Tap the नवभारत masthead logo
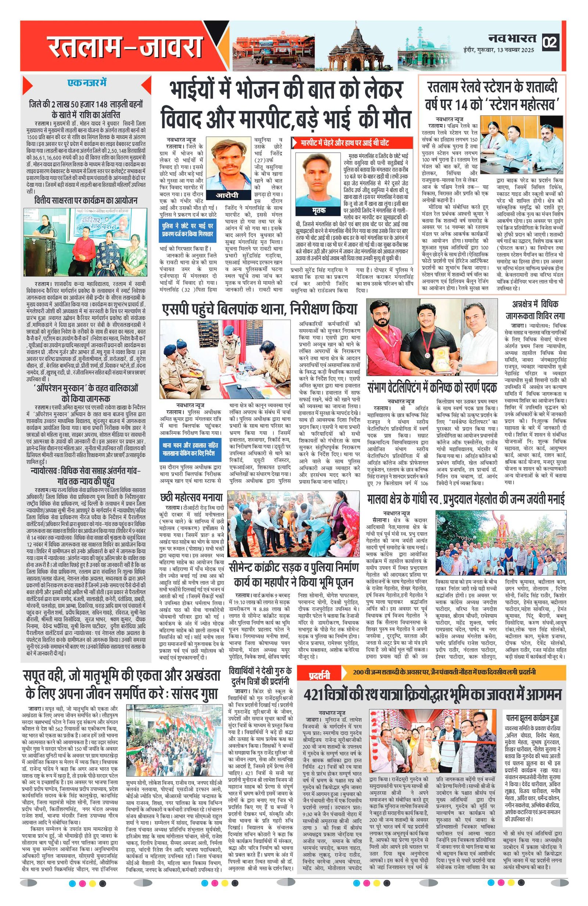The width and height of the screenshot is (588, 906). tap(512, 38)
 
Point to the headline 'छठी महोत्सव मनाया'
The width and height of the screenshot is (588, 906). tap(191, 496)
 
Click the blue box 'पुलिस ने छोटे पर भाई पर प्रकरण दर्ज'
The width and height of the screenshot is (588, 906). tap(187, 229)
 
